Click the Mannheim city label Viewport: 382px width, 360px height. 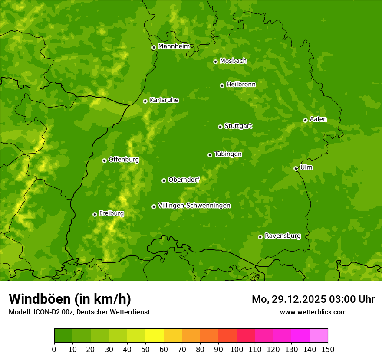coord(174,46)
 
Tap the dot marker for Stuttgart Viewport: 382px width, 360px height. coord(220,127)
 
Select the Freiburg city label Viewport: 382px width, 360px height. coord(111,213)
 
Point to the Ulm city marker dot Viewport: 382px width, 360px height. coord(296,168)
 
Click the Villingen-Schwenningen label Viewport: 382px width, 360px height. coord(194,206)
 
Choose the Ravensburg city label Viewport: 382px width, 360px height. coord(282,236)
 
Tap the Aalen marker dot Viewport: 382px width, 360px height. coord(305,120)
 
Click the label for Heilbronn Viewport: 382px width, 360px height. coord(241,85)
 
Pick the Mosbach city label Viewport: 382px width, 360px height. coord(233,61)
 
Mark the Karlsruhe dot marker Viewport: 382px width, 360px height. coord(145,101)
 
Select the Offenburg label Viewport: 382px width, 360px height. coord(124,160)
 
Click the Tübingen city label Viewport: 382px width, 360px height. coord(228,154)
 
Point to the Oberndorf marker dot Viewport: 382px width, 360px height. coord(164,180)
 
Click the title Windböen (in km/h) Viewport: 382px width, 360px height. coord(70,299)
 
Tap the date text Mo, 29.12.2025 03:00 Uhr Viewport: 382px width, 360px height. coord(313,299)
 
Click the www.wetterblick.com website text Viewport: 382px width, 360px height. coord(313,312)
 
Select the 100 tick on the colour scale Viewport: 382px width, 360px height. coord(237,349)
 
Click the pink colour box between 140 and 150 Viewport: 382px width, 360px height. coord(319,336)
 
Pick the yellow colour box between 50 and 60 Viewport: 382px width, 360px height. coord(155,336)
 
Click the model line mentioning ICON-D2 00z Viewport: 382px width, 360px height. coord(79,312)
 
